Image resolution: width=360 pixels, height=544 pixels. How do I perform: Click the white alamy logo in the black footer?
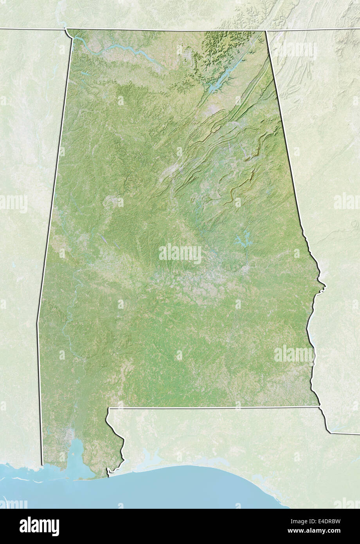point(40,526)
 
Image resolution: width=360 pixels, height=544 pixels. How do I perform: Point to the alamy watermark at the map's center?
point(180,254)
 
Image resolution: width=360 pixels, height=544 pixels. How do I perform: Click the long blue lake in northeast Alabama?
point(223,78)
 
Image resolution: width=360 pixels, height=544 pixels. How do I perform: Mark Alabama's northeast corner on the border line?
point(266,31)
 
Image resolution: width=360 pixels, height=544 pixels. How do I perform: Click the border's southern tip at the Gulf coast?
point(108,473)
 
